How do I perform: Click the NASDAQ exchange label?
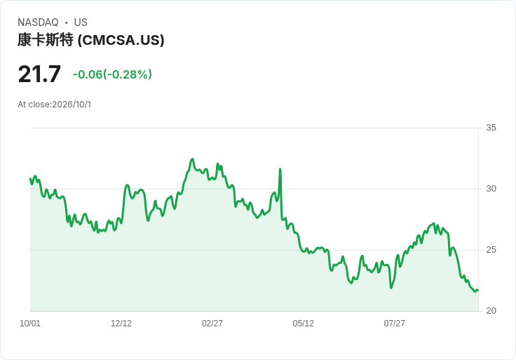tap(38, 22)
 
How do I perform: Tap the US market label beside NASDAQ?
tap(81, 22)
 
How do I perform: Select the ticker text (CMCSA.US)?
tap(121, 40)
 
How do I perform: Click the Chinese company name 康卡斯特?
tap(46, 40)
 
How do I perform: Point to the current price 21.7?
tap(39, 74)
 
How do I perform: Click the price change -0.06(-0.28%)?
tap(112, 74)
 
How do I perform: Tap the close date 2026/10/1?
tap(72, 105)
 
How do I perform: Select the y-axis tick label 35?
tap(491, 128)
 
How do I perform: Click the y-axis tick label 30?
tap(491, 189)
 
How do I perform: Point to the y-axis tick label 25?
tap(491, 250)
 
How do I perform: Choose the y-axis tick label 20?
tap(491, 311)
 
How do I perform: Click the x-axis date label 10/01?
tap(30, 324)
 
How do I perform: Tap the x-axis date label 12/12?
tap(121, 324)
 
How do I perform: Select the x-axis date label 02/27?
tap(212, 324)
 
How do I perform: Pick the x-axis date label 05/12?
tap(303, 324)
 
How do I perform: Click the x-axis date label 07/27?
tap(394, 324)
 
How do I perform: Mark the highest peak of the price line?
tap(193, 159)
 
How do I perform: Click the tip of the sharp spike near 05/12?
tap(280, 169)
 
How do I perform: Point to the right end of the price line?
tap(478, 290)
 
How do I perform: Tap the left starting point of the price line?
tap(30, 178)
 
